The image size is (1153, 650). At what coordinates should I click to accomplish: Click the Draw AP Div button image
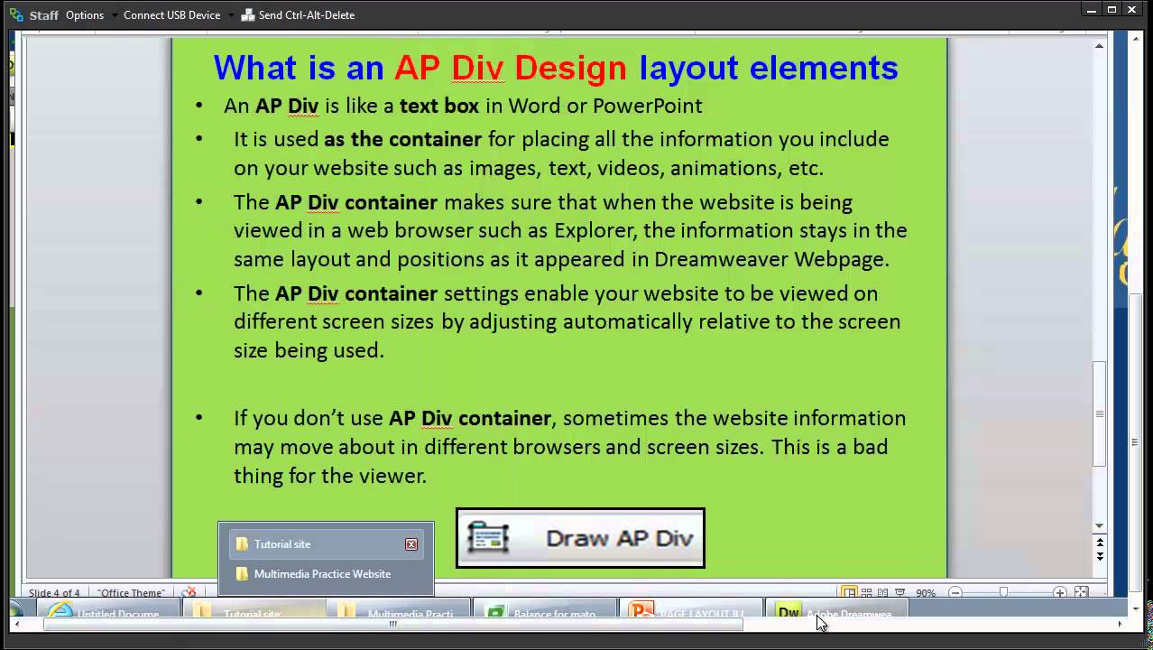pyautogui.click(x=580, y=538)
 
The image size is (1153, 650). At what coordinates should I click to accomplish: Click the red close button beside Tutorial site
pyautogui.click(x=411, y=544)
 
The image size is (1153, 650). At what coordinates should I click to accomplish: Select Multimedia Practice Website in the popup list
pyautogui.click(x=322, y=574)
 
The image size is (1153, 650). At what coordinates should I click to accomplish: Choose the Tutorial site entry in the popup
pyautogui.click(x=281, y=544)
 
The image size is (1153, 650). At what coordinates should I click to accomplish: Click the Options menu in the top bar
pyautogui.click(x=85, y=15)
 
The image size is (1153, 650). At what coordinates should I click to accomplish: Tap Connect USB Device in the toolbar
pyautogui.click(x=171, y=15)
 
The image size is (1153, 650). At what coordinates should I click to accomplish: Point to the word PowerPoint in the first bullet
pyautogui.click(x=647, y=106)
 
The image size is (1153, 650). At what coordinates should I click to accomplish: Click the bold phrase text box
pyautogui.click(x=439, y=106)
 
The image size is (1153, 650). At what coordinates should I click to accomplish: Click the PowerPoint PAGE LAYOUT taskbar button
pyautogui.click(x=690, y=614)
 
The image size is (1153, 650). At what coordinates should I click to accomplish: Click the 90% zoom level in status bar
pyautogui.click(x=926, y=593)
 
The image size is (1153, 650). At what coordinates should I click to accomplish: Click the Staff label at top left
pyautogui.click(x=43, y=15)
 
